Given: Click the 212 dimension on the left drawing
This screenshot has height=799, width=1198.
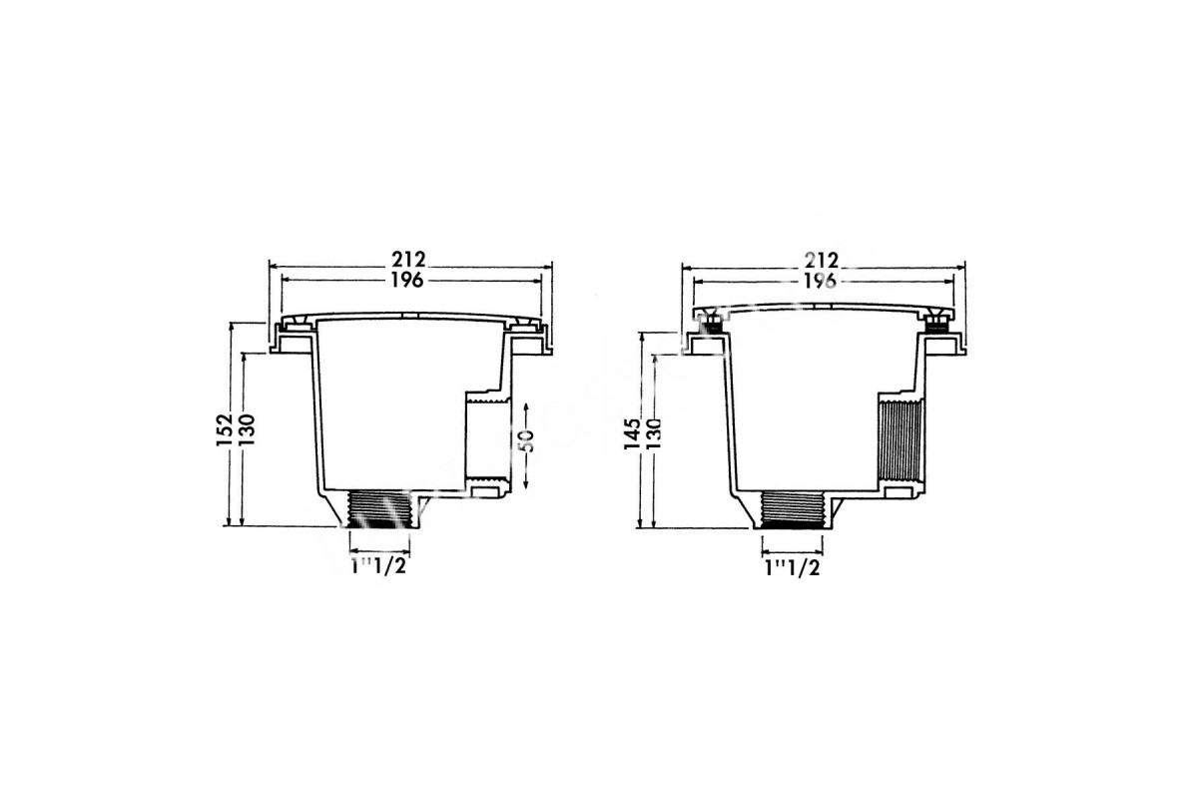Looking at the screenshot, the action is tap(408, 260).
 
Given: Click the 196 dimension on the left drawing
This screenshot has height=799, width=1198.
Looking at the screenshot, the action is tap(407, 281).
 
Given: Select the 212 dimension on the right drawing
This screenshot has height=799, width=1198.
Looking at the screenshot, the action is tap(822, 261).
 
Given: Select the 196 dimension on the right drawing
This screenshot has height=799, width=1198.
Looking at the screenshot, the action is tap(821, 281).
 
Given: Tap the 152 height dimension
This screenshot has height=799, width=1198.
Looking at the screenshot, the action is tap(224, 429).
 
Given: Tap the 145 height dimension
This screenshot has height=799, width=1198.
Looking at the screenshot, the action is tap(632, 434).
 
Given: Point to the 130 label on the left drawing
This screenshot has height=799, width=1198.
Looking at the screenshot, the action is tap(248, 429).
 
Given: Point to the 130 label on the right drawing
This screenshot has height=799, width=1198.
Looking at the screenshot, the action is tap(654, 434).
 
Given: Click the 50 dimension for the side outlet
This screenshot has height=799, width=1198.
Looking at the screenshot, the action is tap(527, 441).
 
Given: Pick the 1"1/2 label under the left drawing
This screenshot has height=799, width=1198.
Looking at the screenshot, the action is tap(377, 566).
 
